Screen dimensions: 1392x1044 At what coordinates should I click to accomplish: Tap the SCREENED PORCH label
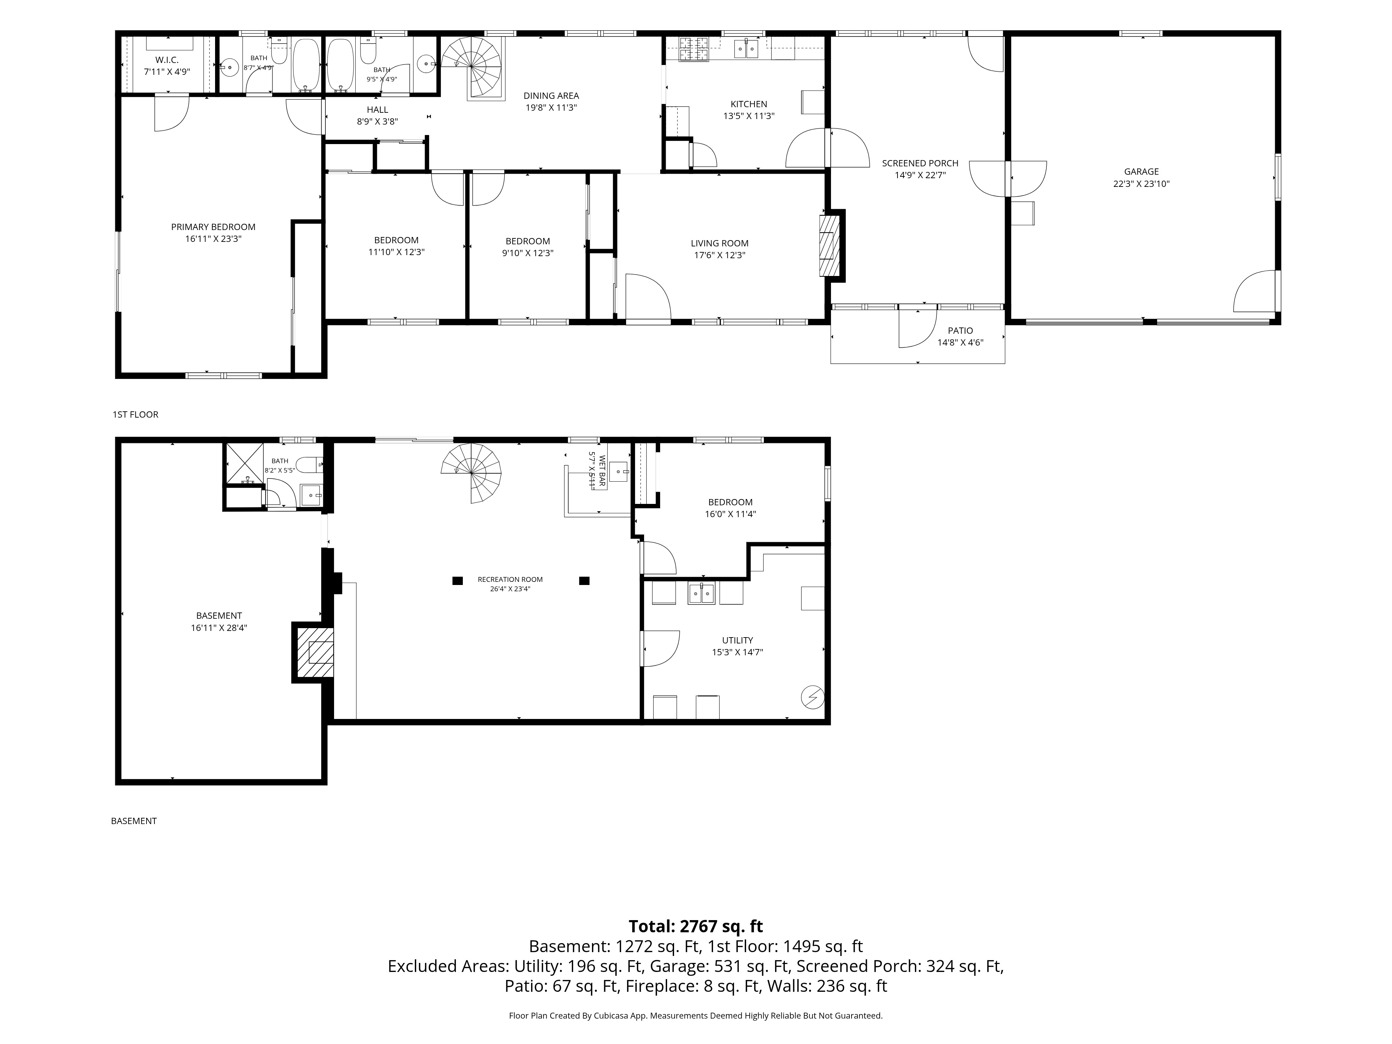(x=920, y=163)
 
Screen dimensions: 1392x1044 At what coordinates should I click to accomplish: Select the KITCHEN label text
(x=749, y=104)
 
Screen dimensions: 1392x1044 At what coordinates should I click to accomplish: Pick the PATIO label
(x=960, y=330)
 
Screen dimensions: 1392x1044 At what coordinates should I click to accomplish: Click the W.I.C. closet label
(x=167, y=60)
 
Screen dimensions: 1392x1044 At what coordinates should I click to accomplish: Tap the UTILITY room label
(x=737, y=640)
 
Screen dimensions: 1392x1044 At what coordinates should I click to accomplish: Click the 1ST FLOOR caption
(x=135, y=414)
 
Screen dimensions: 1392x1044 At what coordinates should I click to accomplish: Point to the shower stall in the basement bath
(x=244, y=463)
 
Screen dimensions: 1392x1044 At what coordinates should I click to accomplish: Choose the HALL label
(x=378, y=110)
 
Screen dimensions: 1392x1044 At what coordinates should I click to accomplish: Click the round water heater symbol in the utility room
(x=812, y=697)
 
